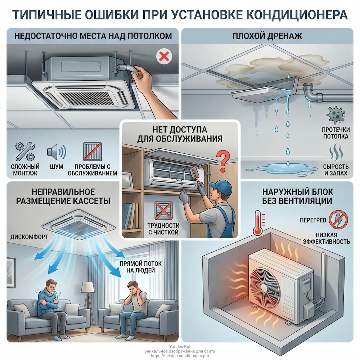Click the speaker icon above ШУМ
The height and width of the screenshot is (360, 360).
coord(56,151)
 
